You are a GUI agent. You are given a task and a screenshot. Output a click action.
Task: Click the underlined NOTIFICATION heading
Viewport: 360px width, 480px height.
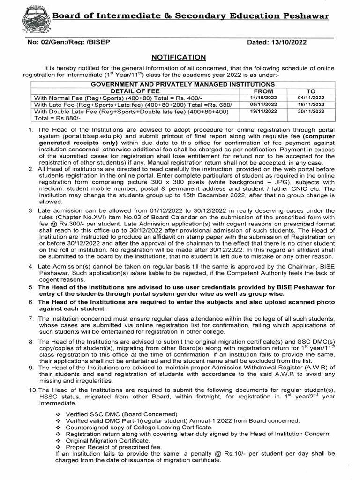click(x=179, y=57)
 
